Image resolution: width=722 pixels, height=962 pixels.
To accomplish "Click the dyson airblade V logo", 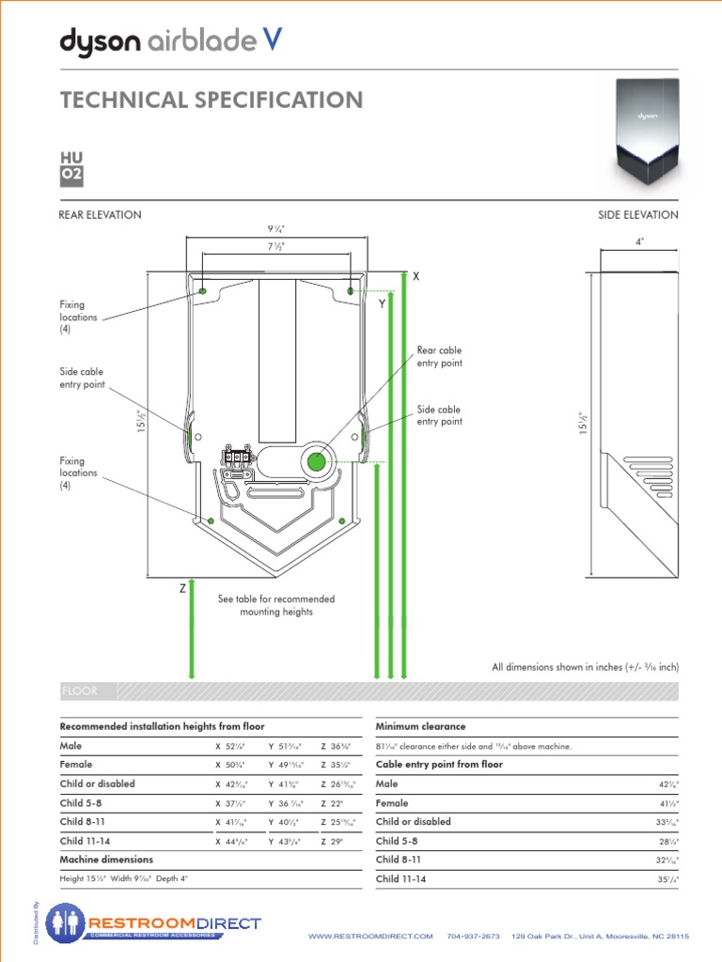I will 170,40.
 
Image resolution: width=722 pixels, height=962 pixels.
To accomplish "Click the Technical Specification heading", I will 211,101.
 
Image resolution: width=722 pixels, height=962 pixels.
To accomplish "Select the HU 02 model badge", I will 71,166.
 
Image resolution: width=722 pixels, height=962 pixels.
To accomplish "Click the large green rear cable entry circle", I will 316,461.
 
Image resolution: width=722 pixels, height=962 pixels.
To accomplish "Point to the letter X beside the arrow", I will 415,277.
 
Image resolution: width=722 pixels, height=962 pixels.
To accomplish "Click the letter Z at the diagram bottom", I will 182,588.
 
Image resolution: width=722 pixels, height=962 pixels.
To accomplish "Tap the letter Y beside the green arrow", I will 383,304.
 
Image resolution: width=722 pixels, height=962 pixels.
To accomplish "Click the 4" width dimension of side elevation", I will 639,241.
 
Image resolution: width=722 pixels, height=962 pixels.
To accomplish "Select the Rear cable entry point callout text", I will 439,357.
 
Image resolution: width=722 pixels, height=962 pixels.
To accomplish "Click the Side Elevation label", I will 637,215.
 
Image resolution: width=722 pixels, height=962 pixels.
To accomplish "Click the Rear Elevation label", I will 101,215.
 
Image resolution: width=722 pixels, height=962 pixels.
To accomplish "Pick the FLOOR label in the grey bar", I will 79,691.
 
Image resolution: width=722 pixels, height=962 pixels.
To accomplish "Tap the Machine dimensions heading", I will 106,860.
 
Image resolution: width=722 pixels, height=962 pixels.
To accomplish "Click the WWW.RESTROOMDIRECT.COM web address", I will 370,937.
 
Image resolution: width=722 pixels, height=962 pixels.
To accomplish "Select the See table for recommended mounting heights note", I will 275,605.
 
